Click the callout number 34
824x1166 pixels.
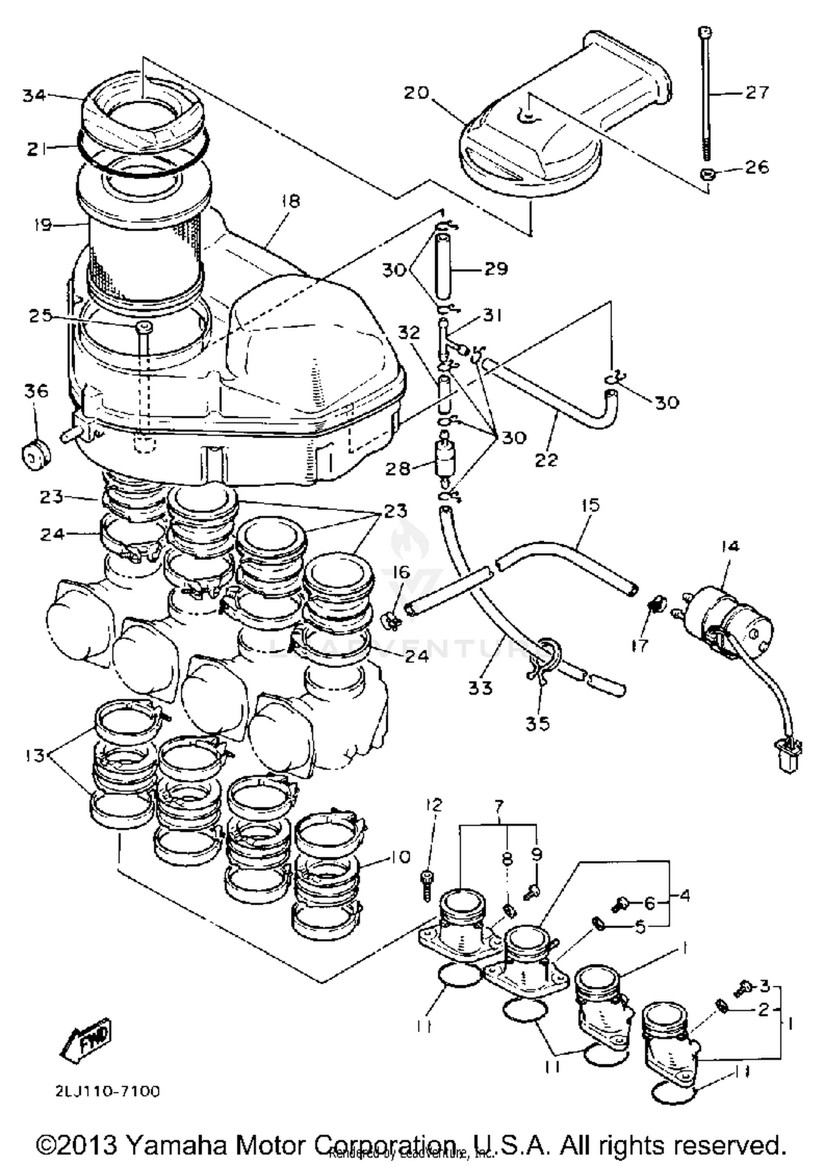tap(34, 96)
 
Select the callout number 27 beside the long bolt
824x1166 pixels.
tap(757, 92)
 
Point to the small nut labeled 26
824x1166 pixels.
tap(707, 175)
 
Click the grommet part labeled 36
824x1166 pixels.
tap(35, 455)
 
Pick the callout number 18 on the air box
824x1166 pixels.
tap(290, 201)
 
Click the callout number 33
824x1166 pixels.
tap(480, 688)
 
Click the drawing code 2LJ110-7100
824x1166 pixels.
tap(107, 1091)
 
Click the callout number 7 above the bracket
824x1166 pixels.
tap(498, 807)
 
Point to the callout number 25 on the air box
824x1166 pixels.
tap(40, 316)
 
